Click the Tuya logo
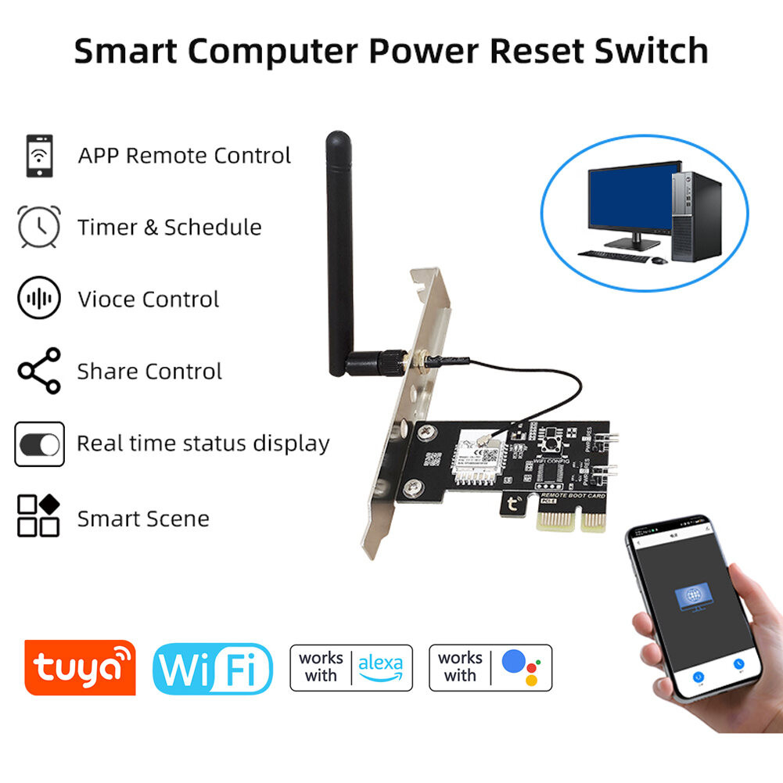click(x=80, y=667)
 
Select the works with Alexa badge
click(x=352, y=667)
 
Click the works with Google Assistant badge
click(x=490, y=667)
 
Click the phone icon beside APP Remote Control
click(x=39, y=156)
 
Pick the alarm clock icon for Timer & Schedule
click(x=38, y=227)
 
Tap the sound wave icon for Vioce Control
click(x=38, y=299)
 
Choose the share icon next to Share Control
click(x=39, y=371)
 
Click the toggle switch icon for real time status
click(x=39, y=444)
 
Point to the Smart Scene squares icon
click(x=39, y=515)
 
